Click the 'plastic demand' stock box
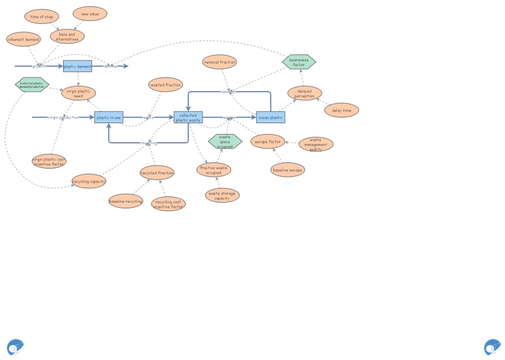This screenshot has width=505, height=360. pyautogui.click(x=78, y=66)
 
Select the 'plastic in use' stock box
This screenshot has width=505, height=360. pyautogui.click(x=109, y=117)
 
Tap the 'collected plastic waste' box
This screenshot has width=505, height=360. pyautogui.click(x=188, y=117)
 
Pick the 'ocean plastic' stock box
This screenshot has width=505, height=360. pyautogui.click(x=270, y=117)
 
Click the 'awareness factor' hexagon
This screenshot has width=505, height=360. pyautogui.click(x=299, y=62)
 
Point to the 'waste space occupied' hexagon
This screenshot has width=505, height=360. pyautogui.click(x=225, y=141)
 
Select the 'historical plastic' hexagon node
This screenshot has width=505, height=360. pyautogui.click(x=32, y=85)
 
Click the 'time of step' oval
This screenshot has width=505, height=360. pyautogui.click(x=42, y=16)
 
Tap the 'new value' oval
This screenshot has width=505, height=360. pyautogui.click(x=90, y=13)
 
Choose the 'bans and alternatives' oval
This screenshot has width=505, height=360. pyautogui.click(x=67, y=36)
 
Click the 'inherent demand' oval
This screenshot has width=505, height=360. pyautogui.click(x=24, y=39)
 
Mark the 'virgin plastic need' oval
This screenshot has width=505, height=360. pyautogui.click(x=78, y=93)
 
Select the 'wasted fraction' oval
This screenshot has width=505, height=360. pyautogui.click(x=165, y=85)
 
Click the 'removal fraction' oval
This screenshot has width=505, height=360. pyautogui.click(x=220, y=62)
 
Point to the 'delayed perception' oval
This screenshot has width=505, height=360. pyautogui.click(x=305, y=93)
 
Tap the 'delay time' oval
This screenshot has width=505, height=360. pyautogui.click(x=342, y=110)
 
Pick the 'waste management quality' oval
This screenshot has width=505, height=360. pyautogui.click(x=316, y=144)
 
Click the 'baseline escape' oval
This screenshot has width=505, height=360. pyautogui.click(x=288, y=169)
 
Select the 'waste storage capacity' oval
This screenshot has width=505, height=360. pyautogui.click(x=222, y=195)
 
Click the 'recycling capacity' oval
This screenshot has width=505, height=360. pyautogui.click(x=89, y=182)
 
